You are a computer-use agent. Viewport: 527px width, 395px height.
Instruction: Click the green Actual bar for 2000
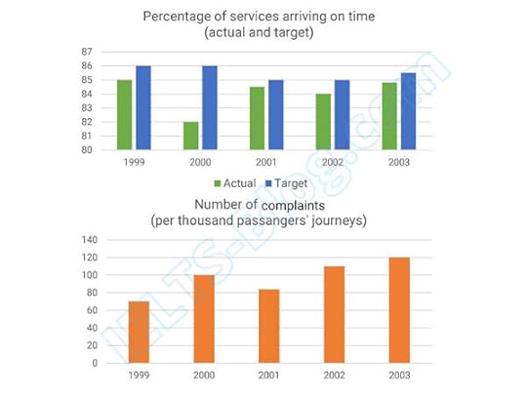(x=190, y=136)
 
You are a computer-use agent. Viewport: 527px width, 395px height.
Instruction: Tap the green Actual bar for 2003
(x=389, y=116)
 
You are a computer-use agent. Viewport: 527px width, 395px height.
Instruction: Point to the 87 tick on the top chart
(x=87, y=51)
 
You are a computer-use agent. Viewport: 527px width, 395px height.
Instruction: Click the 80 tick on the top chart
(x=87, y=150)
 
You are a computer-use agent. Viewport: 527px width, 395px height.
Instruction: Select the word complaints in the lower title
(x=298, y=205)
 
